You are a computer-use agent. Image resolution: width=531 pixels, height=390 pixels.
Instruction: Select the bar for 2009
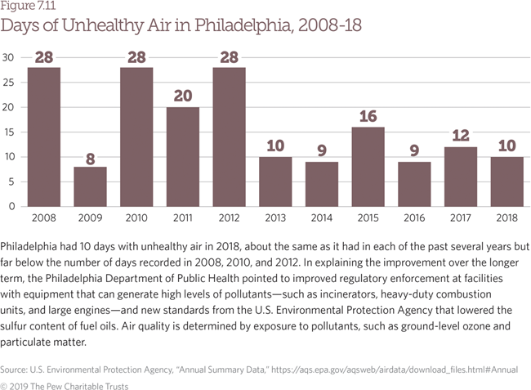coord(90,186)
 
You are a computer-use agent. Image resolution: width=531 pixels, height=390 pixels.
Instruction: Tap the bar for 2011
coord(183,156)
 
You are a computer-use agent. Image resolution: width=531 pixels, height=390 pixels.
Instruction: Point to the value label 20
coord(183,96)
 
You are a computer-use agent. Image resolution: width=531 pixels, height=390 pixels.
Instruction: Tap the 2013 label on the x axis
coord(275,218)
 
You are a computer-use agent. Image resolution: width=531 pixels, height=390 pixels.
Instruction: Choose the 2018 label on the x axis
coord(506,218)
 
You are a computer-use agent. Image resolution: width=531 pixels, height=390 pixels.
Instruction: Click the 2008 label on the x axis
coord(44,218)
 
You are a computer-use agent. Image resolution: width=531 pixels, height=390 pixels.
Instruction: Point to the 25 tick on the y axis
coord(8,82)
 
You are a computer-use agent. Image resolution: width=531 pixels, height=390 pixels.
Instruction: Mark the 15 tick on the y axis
coord(8,132)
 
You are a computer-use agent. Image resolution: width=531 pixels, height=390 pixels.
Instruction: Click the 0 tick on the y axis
coord(11,206)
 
